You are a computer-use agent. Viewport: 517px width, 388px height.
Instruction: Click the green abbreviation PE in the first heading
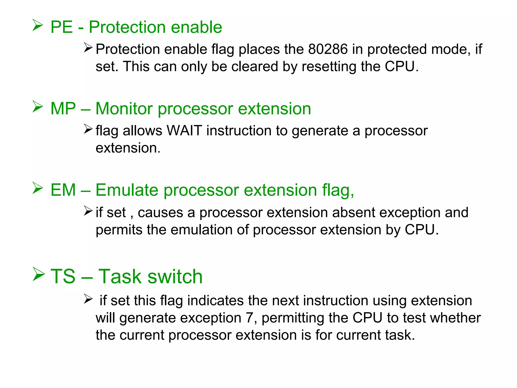click(x=62, y=27)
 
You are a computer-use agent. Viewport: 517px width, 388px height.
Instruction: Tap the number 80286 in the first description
click(x=328, y=49)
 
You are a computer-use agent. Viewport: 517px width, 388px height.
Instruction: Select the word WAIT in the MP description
click(x=184, y=131)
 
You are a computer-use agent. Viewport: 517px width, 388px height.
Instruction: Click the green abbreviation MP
click(x=63, y=109)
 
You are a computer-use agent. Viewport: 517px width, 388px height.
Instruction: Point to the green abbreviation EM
click(x=63, y=190)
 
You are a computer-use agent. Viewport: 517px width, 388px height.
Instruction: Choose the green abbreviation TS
click(x=63, y=276)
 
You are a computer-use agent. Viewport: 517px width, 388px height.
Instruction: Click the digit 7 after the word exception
click(x=249, y=318)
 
